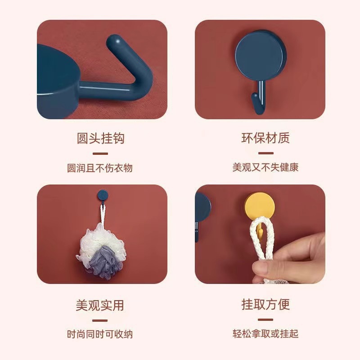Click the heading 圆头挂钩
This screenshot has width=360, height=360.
100,138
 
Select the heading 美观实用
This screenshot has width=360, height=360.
100,305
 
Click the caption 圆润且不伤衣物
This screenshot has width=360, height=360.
100,168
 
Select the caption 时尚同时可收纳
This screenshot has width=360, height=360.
100,334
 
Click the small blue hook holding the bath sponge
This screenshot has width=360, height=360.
103,196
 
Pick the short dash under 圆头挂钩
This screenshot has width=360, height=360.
100,153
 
